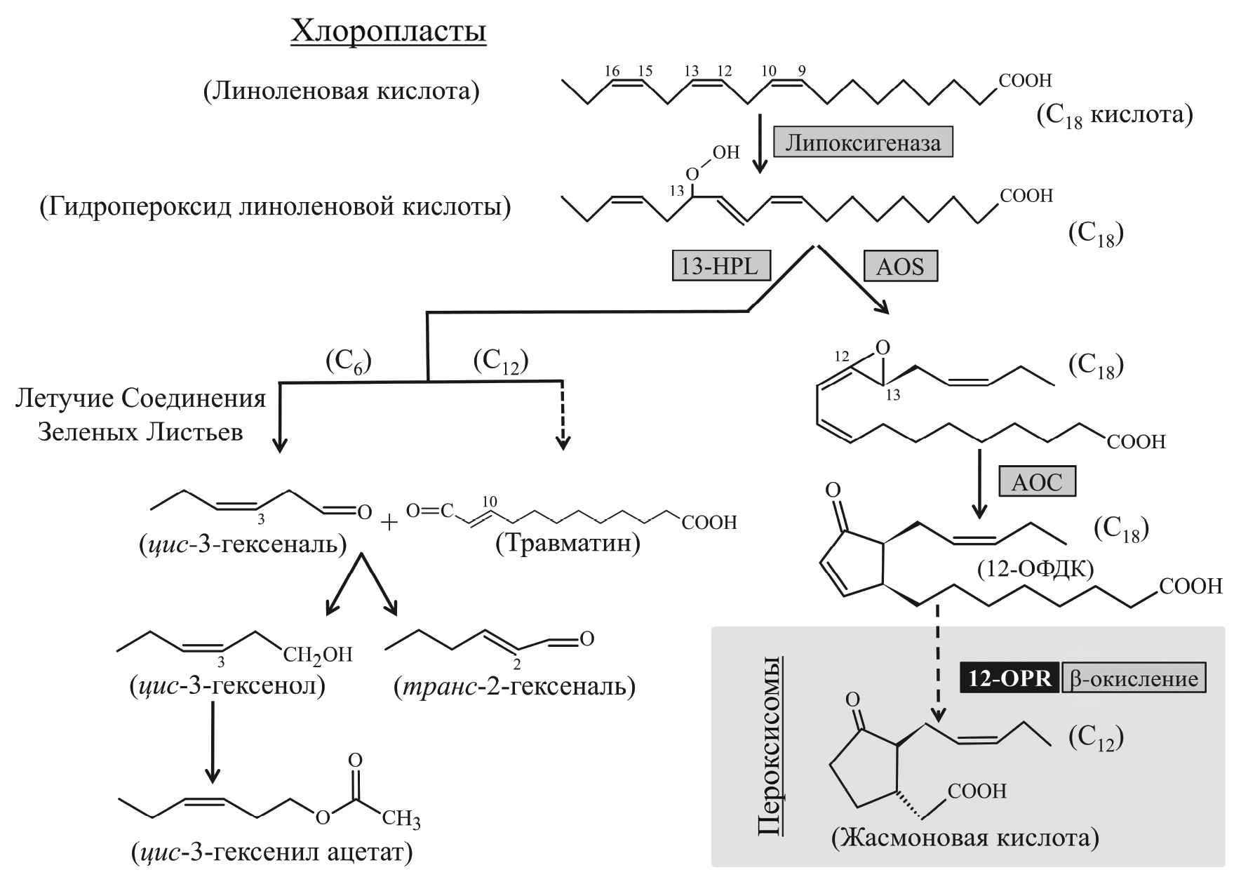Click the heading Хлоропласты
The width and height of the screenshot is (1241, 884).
pyautogui.click(x=388, y=32)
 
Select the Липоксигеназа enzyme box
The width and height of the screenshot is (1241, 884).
pyautogui.click(x=863, y=143)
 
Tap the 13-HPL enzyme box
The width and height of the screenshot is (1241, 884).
pyautogui.click(x=721, y=266)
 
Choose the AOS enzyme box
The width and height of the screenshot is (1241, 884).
pyautogui.click(x=900, y=266)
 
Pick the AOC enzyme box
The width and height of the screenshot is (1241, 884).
pyautogui.click(x=1037, y=482)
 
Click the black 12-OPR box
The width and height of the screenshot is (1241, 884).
pyautogui.click(x=1009, y=679)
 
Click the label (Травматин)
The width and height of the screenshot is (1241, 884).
pyautogui.click(x=568, y=544)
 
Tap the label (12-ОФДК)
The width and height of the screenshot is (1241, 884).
pyautogui.click(x=1035, y=569)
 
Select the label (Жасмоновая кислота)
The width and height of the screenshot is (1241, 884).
pyautogui.click(x=965, y=838)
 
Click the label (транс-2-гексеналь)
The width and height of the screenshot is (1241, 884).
pyautogui.click(x=514, y=685)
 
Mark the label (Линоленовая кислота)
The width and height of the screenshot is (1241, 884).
pyautogui.click(x=342, y=91)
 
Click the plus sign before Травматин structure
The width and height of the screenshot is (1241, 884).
pyautogui.click(x=388, y=523)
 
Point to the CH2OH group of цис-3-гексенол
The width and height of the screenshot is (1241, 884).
pyautogui.click(x=317, y=655)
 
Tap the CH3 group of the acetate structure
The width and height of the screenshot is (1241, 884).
pyautogui.click(x=401, y=819)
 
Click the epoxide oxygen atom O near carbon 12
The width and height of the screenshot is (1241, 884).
pyautogui.click(x=883, y=347)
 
